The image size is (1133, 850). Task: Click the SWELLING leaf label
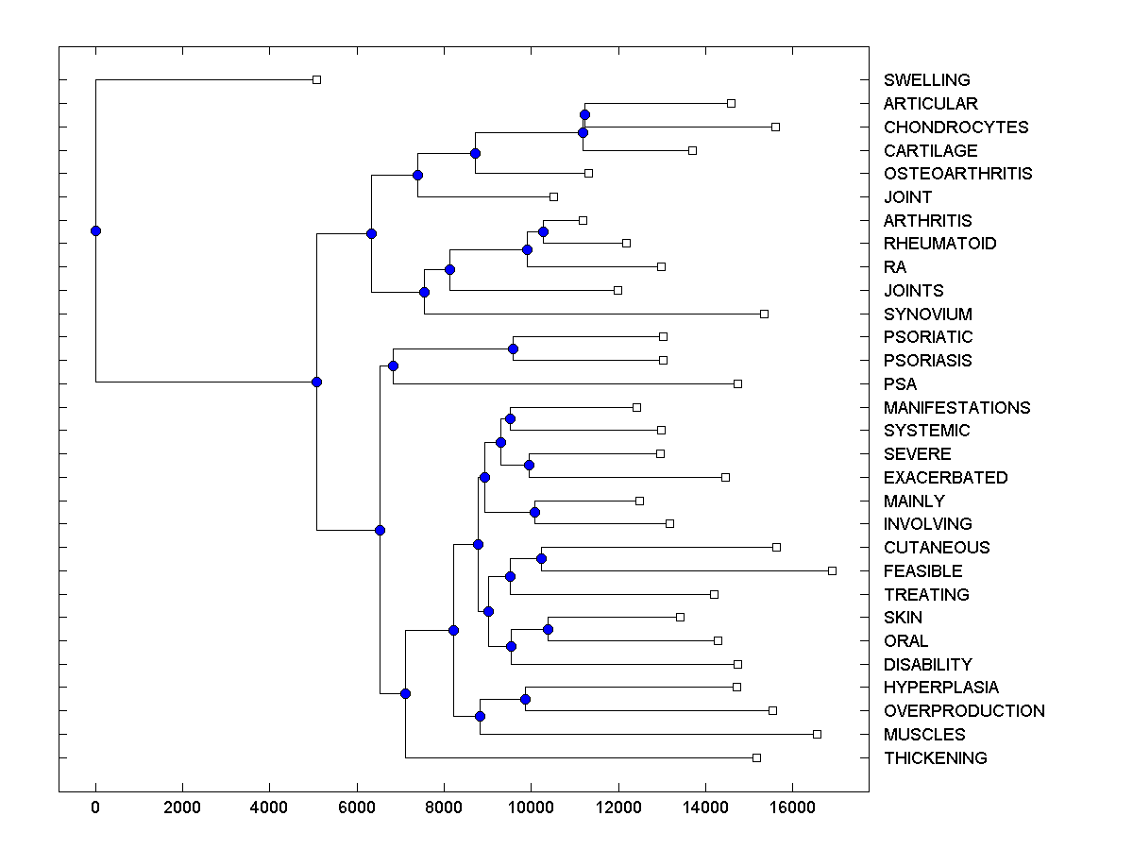pos(926,80)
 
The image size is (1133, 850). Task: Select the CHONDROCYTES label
pos(955,127)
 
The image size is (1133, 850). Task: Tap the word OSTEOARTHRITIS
pos(957,174)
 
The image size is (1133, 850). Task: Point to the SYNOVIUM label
pos(927,314)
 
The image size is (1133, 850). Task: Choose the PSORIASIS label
pos(927,361)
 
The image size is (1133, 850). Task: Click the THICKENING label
pos(935,758)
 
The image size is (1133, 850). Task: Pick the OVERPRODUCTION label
pos(964,711)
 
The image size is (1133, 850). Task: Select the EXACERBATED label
pos(945,478)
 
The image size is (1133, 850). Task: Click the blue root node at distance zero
pos(95,230)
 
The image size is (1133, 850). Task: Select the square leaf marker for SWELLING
pos(317,80)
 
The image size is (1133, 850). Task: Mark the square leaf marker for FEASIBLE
pos(832,570)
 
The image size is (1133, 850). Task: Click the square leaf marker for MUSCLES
pos(818,734)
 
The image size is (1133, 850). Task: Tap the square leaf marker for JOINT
pos(553,196)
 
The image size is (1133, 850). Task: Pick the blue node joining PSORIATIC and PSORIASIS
pos(513,349)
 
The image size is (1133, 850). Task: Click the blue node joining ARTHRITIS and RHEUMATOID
pos(543,231)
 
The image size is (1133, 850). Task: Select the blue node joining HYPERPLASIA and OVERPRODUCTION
pos(525,699)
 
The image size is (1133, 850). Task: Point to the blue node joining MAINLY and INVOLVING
pos(534,512)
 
